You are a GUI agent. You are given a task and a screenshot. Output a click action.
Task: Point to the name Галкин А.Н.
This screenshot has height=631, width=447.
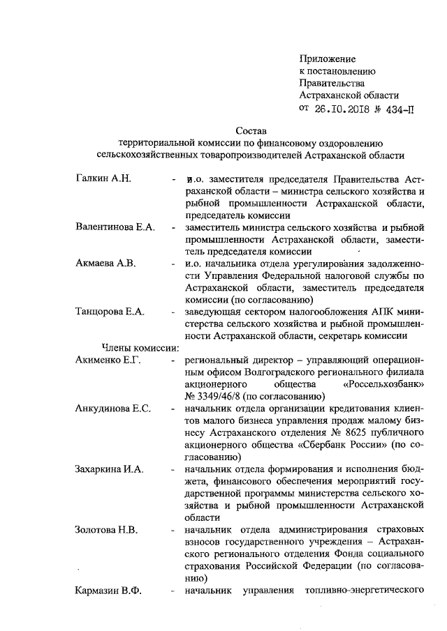point(103,178)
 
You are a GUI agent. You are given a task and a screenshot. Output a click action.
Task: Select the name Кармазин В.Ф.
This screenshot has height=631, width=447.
point(108,591)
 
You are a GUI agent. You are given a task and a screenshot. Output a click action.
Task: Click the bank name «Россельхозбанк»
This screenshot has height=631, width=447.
point(385,384)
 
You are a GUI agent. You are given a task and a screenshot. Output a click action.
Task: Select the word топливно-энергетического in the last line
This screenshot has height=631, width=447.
point(367,591)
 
